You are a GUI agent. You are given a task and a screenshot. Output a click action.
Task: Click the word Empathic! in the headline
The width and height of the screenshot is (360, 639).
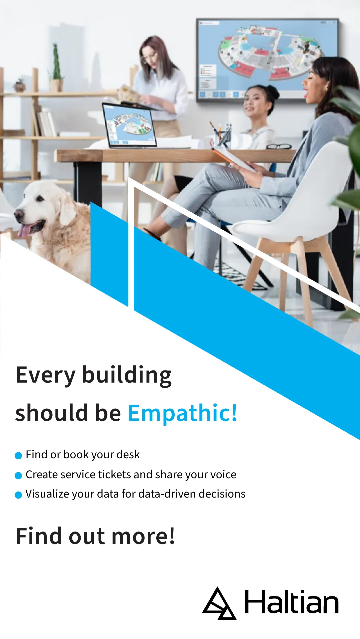[x=183, y=413]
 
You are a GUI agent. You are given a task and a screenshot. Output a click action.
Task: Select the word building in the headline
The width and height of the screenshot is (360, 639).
[x=127, y=375]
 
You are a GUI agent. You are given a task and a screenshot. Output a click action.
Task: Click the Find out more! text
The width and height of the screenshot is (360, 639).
[x=95, y=536]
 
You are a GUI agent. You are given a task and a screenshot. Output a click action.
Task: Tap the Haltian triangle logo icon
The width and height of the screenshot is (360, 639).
[x=219, y=603]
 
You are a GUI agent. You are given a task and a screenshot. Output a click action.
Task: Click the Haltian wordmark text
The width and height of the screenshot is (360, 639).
[x=292, y=602]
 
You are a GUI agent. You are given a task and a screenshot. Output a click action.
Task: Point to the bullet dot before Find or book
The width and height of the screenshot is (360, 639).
[x=19, y=456]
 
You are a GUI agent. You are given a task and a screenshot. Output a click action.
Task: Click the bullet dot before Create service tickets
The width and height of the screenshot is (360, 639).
[x=19, y=475]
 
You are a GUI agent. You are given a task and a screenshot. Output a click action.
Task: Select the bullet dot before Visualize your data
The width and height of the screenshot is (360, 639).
[x=19, y=495]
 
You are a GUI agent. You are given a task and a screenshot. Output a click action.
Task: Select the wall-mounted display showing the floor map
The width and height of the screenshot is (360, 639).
[x=267, y=60]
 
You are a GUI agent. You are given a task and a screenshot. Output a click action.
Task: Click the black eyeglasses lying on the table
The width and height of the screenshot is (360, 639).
[x=279, y=146]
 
